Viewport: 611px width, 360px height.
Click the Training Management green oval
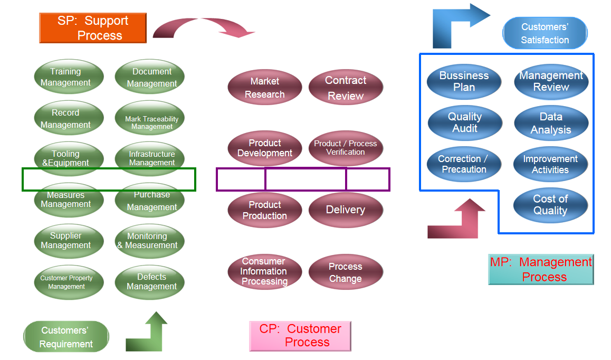(69, 77)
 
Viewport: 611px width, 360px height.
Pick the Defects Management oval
(150, 282)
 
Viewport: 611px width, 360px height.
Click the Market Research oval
(265, 88)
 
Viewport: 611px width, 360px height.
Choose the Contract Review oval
(346, 88)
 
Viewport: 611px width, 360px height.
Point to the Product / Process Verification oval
(346, 148)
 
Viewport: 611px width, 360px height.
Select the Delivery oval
(346, 210)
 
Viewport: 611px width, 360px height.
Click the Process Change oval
(346, 272)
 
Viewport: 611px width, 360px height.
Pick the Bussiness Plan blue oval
(464, 82)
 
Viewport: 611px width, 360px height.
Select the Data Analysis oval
(551, 123)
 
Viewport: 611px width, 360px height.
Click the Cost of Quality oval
(551, 205)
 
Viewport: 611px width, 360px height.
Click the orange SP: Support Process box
(93, 28)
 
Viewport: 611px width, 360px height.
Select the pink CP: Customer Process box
(300, 336)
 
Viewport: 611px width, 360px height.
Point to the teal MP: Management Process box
(541, 269)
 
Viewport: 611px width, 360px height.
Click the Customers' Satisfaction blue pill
(545, 33)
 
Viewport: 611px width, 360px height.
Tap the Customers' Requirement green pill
(66, 337)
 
